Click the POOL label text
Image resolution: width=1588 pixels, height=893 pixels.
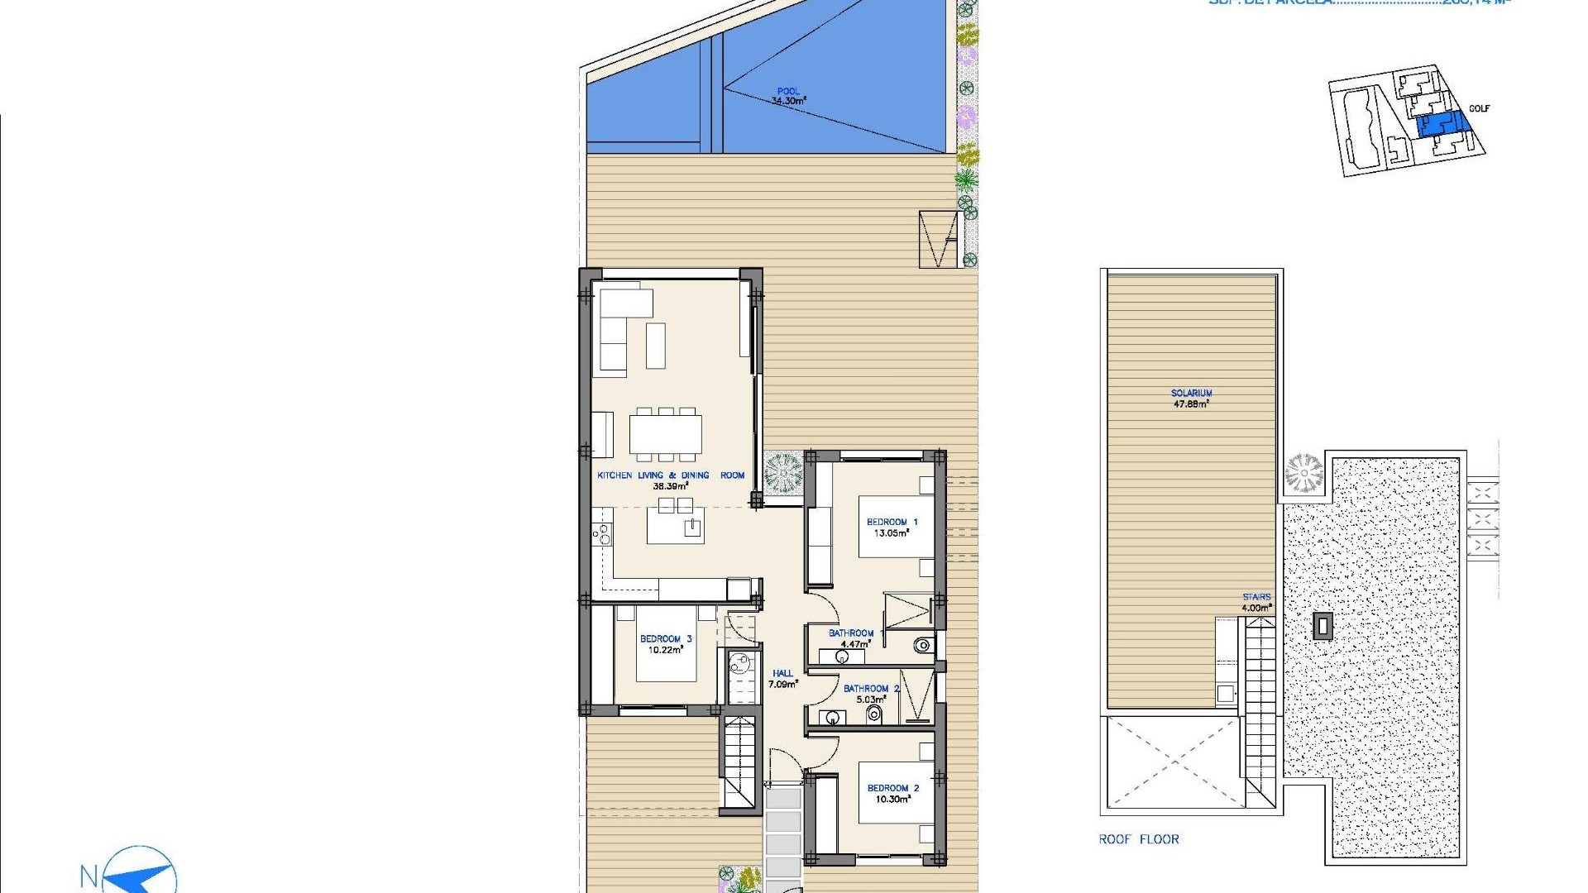788,92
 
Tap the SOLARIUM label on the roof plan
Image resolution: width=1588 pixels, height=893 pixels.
1191,394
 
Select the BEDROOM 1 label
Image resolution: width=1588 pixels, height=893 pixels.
892,523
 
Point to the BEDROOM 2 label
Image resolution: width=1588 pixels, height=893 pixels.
892,788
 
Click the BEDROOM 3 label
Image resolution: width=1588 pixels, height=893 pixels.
665,639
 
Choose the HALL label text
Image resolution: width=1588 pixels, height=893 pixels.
782,674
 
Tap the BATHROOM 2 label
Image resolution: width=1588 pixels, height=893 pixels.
871,689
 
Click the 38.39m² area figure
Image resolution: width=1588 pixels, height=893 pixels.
670,487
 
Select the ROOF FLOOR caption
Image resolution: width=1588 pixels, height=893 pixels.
1138,839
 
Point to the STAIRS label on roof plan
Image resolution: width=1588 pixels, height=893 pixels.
1256,597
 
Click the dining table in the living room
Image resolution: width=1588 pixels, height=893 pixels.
665,433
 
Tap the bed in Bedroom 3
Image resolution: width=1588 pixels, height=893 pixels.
666,645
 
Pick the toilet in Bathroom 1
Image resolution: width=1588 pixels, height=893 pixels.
923,645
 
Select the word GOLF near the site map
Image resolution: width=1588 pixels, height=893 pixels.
1479,108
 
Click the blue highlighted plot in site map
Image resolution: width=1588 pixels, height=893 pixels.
1444,125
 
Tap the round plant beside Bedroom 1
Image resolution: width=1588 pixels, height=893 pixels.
782,473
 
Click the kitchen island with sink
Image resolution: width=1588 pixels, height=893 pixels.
675,526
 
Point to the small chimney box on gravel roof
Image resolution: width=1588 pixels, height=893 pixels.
1323,626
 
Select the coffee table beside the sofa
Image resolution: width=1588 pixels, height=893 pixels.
655,346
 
